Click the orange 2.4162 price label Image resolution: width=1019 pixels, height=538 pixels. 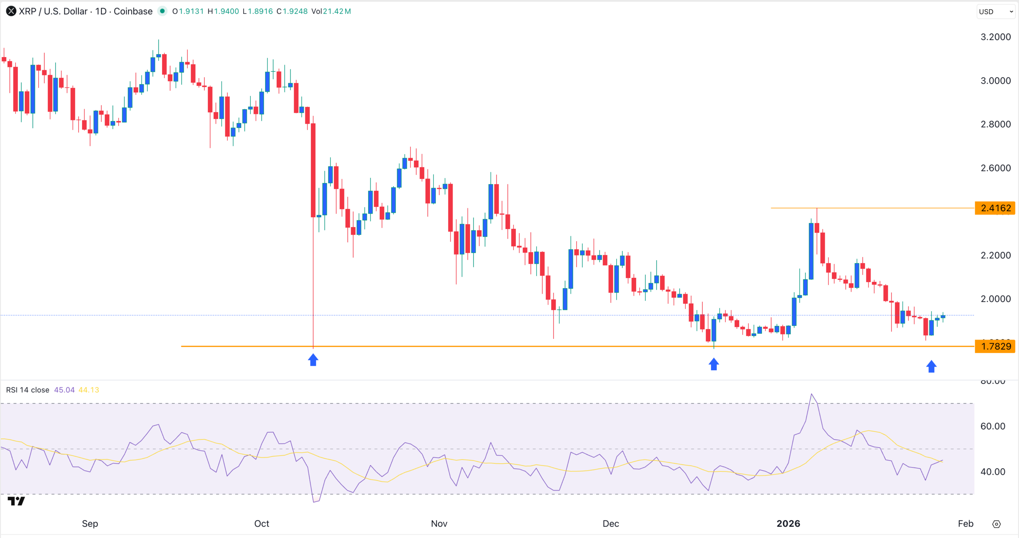(995, 208)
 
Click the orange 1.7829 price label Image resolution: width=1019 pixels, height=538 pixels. (995, 346)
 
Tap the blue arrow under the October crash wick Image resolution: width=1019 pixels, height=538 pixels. (313, 360)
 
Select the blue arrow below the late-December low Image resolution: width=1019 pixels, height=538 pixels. (714, 364)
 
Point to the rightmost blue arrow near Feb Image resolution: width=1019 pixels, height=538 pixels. (931, 366)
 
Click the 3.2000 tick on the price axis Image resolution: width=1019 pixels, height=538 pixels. (995, 37)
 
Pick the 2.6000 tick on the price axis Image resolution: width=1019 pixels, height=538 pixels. (995, 168)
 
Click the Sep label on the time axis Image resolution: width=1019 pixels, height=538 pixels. (90, 524)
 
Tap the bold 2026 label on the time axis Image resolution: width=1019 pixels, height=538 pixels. (788, 524)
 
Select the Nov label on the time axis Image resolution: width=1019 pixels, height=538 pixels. (439, 524)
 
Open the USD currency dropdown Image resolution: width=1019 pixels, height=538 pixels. (996, 12)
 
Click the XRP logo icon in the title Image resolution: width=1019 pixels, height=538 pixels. (11, 11)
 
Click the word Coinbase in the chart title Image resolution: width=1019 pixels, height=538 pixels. (133, 11)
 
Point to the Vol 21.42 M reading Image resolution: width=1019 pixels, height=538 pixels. (331, 11)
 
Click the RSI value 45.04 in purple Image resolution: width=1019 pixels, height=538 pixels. (64, 390)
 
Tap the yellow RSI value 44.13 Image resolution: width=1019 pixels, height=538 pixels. (89, 390)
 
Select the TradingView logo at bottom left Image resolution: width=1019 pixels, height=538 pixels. (16, 501)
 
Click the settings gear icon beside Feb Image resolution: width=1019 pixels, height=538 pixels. (996, 524)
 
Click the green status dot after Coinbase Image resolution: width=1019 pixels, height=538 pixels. (162, 11)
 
